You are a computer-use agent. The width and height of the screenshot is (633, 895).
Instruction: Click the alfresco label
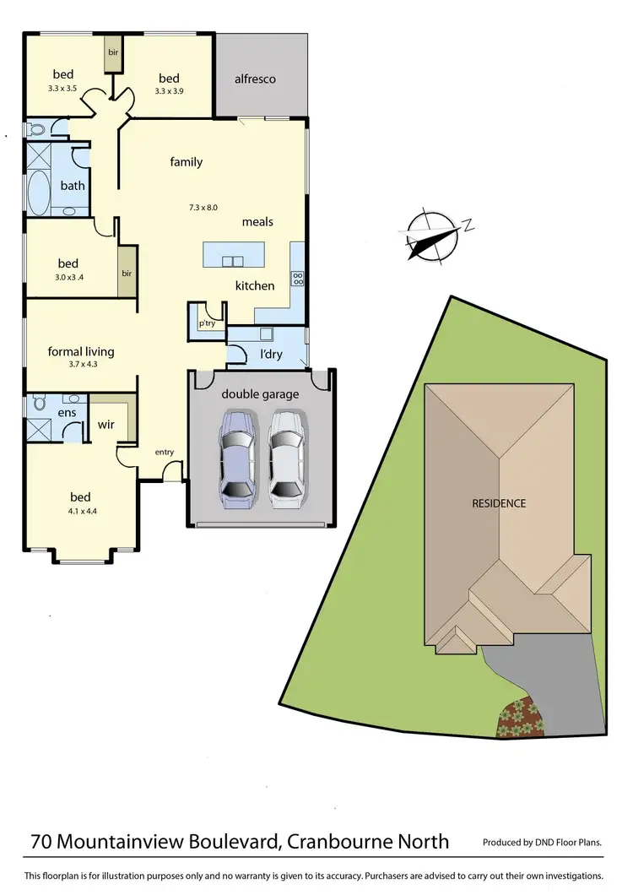tap(255, 79)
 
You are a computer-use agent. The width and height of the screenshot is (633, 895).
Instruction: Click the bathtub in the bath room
tap(40, 193)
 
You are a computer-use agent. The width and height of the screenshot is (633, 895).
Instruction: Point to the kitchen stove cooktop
tap(297, 278)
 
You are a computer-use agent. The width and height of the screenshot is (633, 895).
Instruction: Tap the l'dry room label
tap(271, 354)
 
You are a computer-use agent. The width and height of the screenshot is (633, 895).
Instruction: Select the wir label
tap(106, 426)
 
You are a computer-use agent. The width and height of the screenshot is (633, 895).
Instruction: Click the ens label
tap(68, 413)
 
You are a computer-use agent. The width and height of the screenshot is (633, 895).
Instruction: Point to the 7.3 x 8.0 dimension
tap(203, 207)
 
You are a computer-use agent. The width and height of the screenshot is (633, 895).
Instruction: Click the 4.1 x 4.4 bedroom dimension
tap(80, 512)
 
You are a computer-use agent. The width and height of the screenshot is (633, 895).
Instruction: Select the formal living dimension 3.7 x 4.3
tap(81, 365)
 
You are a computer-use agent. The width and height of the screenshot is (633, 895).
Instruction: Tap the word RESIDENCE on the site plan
tap(499, 503)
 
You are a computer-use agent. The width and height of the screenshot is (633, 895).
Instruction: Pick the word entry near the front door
tap(164, 453)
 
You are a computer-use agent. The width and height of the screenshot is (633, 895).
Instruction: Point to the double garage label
tap(261, 394)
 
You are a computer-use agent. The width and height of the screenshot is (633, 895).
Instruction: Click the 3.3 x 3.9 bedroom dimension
tap(170, 91)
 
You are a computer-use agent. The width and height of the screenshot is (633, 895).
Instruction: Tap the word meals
tap(257, 222)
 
